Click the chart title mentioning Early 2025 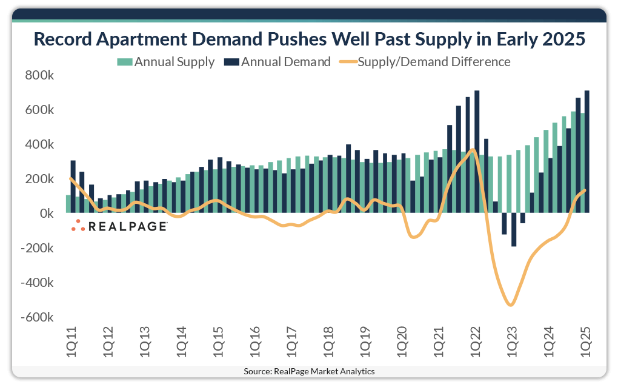[309, 39]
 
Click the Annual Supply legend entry [166, 62]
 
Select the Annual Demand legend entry [277, 62]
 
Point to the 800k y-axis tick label [40, 76]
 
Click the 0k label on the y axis [46, 214]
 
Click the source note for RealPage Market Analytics [309, 371]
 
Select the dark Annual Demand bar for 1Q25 [586, 152]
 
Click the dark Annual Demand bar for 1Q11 [73, 187]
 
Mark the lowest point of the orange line [510, 305]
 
